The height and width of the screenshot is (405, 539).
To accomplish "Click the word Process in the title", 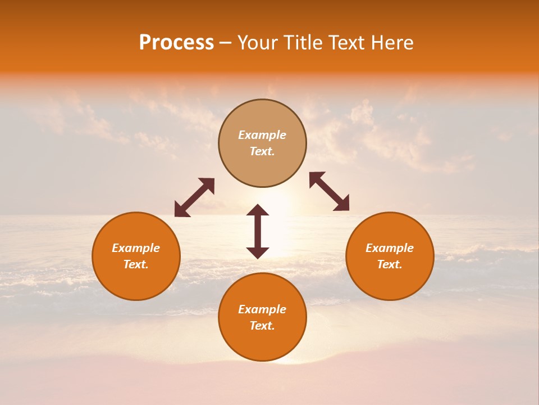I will click(176, 43).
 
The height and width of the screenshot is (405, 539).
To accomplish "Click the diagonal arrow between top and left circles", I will click(194, 197).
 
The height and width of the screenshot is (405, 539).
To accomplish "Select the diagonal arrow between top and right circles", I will click(330, 191).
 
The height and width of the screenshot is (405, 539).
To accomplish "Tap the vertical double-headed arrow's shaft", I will click(258, 231).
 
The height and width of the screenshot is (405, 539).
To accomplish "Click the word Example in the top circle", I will click(262, 135).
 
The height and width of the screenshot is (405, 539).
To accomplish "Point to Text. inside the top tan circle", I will click(262, 151).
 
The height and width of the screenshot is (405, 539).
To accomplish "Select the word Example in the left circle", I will click(136, 248).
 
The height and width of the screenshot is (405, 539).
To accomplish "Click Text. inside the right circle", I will click(390, 264).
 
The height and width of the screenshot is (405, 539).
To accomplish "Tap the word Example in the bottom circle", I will click(262, 309).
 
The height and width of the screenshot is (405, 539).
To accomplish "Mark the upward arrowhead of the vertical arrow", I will click(258, 210).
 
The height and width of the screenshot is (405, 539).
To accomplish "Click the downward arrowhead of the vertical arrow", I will click(258, 253).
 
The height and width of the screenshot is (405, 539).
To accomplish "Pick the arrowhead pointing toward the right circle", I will click(342, 204).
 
